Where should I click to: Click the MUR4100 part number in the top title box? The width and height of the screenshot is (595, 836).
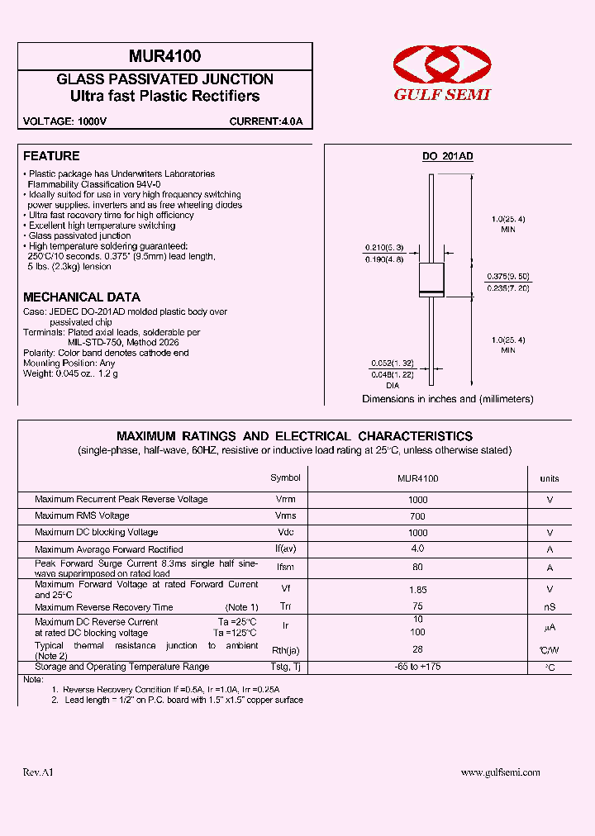164,57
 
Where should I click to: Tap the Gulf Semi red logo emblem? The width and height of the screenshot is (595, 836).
441,64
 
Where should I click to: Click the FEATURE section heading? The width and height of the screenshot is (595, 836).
51,156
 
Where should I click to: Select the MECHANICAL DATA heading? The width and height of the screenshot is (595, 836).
82,297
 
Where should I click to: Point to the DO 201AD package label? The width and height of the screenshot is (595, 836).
448,156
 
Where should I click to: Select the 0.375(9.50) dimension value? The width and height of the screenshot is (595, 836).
507,277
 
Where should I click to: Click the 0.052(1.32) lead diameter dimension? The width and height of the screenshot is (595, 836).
391,363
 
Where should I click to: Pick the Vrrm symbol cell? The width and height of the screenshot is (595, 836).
286,500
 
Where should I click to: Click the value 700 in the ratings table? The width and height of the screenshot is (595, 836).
417,515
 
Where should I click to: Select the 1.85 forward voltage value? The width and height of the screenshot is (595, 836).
417,589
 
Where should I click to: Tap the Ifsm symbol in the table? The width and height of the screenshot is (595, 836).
286,568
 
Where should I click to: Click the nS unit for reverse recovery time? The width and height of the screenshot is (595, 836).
549,607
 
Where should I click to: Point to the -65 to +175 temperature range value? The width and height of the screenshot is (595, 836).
417,667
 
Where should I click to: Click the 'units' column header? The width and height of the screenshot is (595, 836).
549,478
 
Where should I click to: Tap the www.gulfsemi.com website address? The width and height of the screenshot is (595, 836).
500,772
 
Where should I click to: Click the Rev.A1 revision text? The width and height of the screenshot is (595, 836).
38,772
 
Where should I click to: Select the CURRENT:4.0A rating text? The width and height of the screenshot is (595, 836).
265,121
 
